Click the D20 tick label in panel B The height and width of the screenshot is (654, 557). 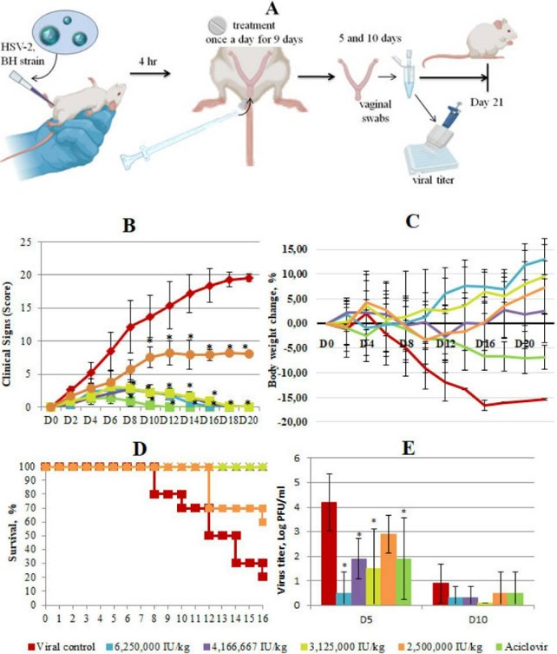(x=249, y=420)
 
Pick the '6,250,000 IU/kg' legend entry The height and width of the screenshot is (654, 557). (x=143, y=642)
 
